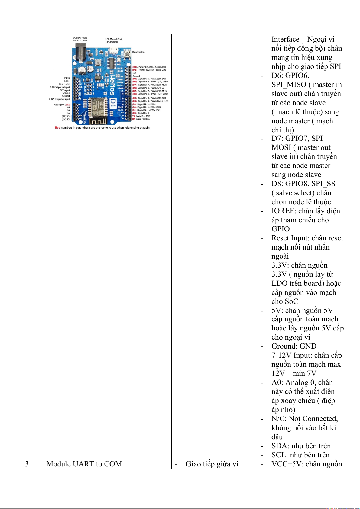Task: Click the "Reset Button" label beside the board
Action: coord(138,52)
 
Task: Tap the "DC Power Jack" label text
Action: coord(80,38)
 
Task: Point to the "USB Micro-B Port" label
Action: coord(114,39)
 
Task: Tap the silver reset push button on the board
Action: coord(126,53)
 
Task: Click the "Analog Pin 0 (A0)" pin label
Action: coord(62,105)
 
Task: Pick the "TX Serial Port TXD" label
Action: coord(141,116)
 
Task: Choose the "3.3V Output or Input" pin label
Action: coord(60,87)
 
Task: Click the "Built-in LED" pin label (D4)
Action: coord(163,101)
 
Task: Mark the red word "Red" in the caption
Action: coord(58,128)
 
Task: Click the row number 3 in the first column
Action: coord(27,464)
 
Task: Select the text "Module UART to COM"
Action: coord(84,464)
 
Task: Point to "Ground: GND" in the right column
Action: coord(294,346)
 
